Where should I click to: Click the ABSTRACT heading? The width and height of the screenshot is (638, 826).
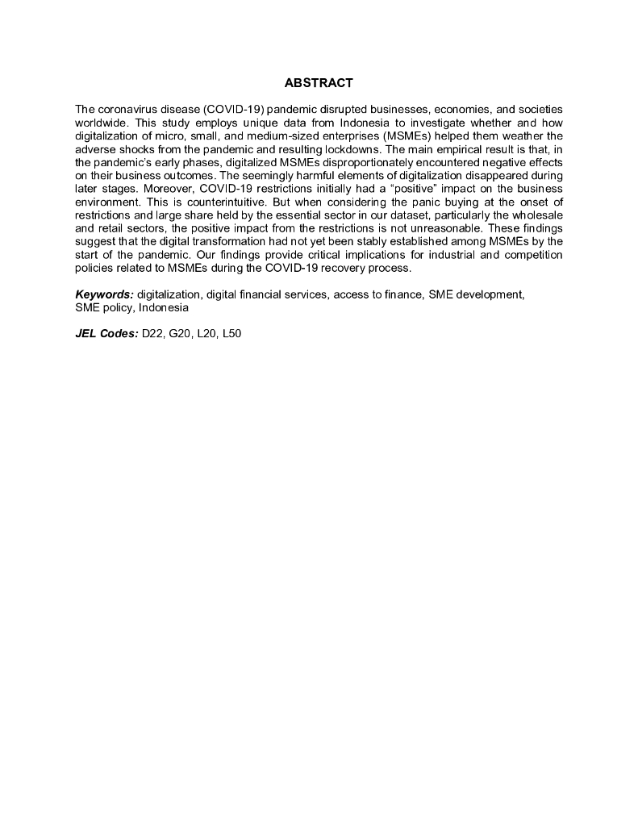(x=319, y=83)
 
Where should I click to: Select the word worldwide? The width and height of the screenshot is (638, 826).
(x=101, y=121)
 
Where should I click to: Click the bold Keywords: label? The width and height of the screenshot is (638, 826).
(x=105, y=294)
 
